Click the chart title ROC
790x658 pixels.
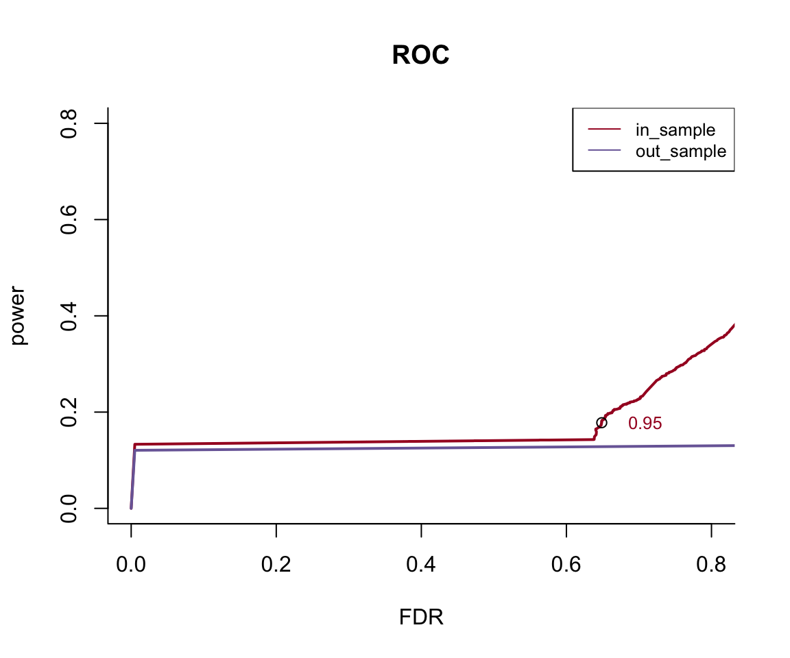tap(420, 56)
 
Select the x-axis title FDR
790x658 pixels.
tap(421, 618)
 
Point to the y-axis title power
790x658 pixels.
tap(19, 315)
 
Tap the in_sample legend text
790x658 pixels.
tap(675, 130)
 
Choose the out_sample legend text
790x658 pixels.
tap(680, 151)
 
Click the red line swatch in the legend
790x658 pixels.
tap(604, 130)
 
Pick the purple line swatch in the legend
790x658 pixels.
tap(604, 151)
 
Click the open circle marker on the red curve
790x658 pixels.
tap(601, 422)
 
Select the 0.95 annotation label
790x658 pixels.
tap(645, 424)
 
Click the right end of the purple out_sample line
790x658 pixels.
tap(733, 446)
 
